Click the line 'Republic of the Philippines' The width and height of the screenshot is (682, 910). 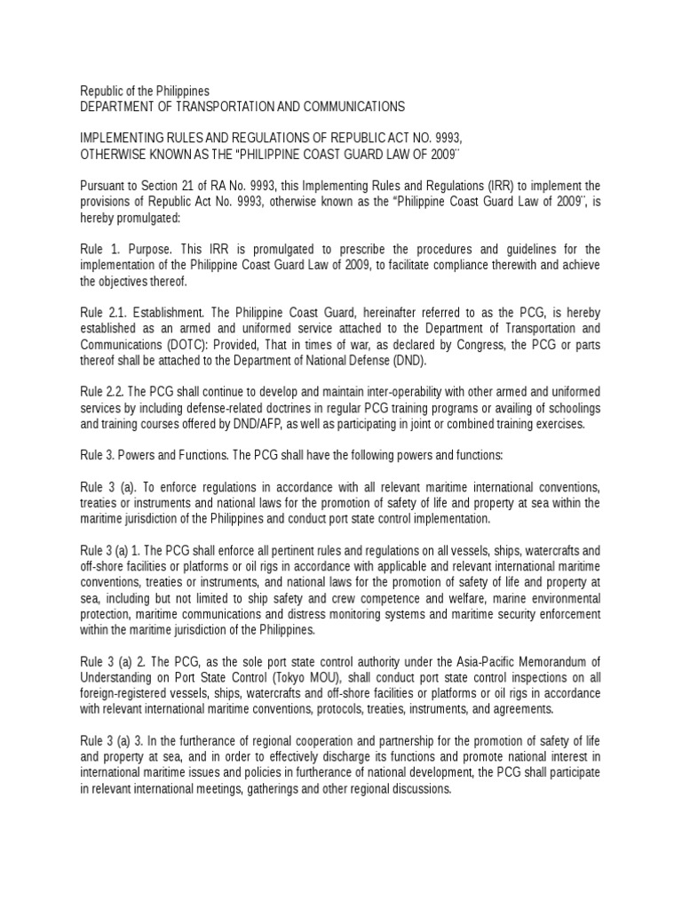tap(145, 91)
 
